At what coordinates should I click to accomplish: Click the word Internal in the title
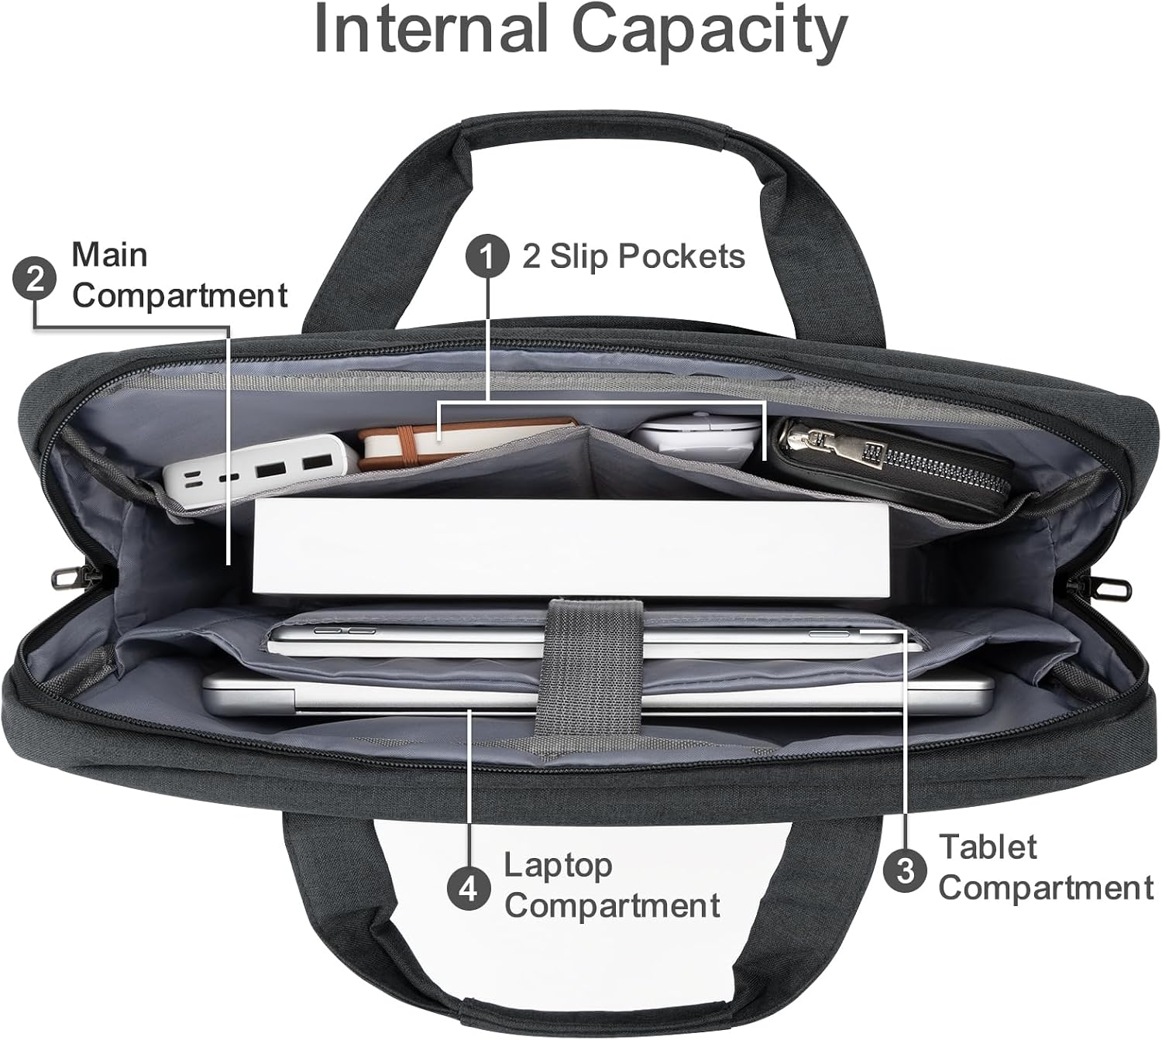point(431,29)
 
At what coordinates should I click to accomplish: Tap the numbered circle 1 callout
point(487,256)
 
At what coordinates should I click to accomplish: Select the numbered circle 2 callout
point(34,280)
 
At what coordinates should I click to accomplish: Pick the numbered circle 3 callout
point(905,871)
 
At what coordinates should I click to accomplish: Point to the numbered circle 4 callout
point(469,889)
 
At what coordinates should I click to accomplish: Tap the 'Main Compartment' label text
point(179,275)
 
